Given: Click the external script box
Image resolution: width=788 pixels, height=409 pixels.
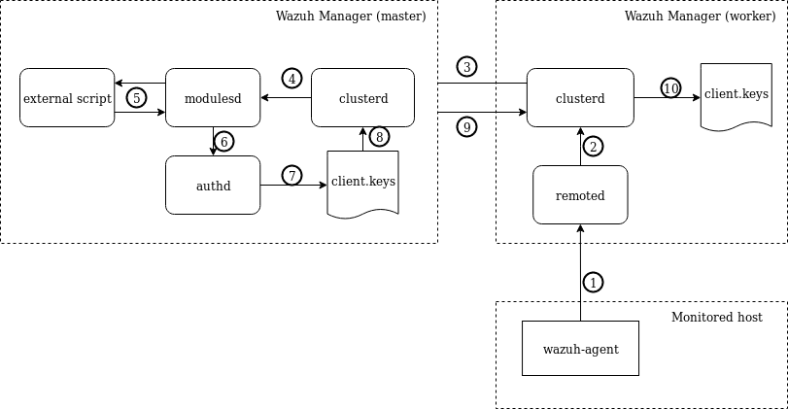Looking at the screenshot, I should point(67,98).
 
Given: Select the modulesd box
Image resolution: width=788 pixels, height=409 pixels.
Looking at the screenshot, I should point(213,98).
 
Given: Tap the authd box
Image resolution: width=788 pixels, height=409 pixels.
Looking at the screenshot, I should point(213,185).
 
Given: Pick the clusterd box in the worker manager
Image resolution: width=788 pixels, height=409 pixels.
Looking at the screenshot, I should point(580,98).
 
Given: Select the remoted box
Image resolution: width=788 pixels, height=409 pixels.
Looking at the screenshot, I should point(580,195).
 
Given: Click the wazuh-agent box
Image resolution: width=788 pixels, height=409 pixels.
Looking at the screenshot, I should point(580,348).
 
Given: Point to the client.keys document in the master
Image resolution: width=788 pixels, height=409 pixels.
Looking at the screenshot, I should point(362,182).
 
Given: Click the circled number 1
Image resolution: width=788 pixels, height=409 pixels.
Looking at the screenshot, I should point(594,282).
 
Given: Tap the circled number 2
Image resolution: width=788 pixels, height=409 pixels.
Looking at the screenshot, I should point(594,146).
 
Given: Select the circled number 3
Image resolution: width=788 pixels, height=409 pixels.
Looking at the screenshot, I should point(467,67).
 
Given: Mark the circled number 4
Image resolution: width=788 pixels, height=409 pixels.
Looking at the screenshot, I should point(291,78).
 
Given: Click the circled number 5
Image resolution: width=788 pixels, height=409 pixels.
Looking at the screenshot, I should point(137,97).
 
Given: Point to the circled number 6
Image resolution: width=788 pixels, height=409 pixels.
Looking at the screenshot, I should point(224,142).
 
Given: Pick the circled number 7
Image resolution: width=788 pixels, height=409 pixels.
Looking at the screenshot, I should point(291,176).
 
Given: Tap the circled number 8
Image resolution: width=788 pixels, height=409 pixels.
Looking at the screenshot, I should point(380,137).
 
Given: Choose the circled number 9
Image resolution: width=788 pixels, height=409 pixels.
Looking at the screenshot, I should point(467,127).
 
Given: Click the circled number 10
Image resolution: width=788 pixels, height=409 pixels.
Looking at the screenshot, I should point(670,88).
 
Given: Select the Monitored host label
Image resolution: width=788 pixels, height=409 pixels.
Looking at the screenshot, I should point(716,318).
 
